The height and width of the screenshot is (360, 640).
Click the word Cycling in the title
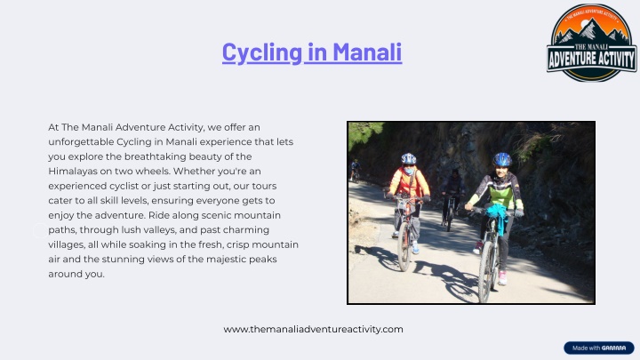pos(262,52)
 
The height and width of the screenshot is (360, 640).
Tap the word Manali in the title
pos(367,52)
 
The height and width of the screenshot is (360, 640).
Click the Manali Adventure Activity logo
pos(591,43)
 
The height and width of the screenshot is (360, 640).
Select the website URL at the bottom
pos(313,330)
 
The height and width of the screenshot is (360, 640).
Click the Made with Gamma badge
pos(599,348)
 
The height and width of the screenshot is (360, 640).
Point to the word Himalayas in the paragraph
pos(73,172)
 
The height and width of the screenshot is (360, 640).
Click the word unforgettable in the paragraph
pos(81,142)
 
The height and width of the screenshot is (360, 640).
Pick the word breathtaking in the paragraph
pos(155,156)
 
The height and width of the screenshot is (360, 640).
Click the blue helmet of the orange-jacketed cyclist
pos(409,159)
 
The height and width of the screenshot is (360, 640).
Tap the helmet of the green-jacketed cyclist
pos(502,160)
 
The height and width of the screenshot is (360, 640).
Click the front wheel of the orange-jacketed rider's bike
pos(404,246)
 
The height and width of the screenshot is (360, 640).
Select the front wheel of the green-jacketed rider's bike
pos(485,277)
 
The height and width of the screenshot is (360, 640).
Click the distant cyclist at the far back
pos(355,170)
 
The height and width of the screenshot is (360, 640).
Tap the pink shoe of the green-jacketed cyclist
pos(502,278)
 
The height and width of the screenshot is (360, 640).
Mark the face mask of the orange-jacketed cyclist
pos(409,170)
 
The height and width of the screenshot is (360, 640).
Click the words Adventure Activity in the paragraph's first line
pos(160,127)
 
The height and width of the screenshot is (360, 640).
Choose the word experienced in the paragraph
pos(77,186)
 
